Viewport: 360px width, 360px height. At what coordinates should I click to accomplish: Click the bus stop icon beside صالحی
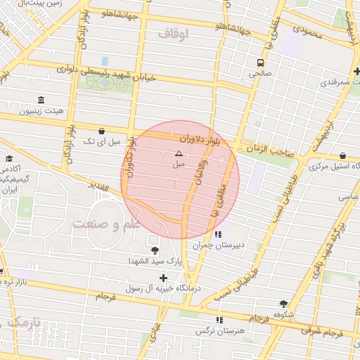point(261,62)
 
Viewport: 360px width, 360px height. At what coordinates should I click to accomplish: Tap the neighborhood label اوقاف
point(174,32)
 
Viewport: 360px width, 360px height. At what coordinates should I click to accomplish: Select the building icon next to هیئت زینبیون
point(41,99)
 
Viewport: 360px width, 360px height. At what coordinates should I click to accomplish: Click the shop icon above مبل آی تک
point(102,131)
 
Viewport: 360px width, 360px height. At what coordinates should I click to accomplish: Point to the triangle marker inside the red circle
point(179,153)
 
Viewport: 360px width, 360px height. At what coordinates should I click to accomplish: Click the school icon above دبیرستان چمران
point(219,234)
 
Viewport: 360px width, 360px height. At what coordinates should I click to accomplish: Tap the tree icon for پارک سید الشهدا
point(155,250)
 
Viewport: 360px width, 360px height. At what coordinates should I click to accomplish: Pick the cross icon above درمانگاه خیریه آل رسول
point(164,278)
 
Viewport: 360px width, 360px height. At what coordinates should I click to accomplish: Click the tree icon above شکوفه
point(283,304)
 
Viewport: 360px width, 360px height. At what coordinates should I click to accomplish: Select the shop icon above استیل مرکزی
point(342,155)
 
